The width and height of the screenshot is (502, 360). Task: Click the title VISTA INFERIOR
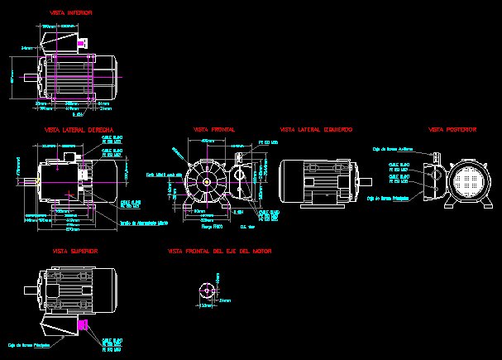pos(70,14)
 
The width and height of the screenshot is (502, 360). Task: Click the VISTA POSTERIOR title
pos(452,130)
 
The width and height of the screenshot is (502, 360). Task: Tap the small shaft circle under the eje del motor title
pos(204,290)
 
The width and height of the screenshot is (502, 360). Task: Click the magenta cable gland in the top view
pos(84,325)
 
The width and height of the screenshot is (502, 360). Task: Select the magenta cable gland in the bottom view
pos(82,41)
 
